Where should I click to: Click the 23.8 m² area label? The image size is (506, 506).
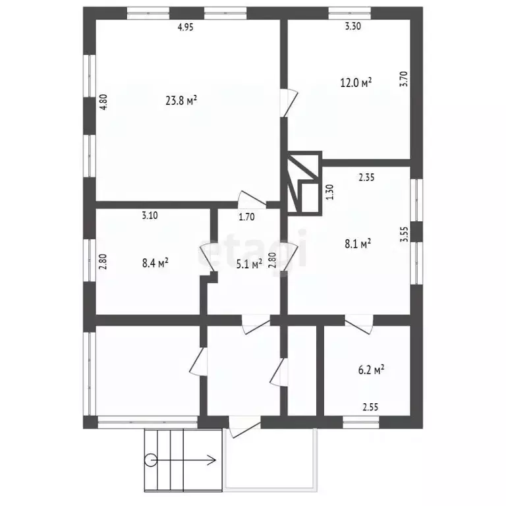click(181, 101)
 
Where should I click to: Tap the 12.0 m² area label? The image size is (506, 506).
click(356, 82)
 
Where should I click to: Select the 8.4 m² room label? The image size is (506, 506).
click(155, 263)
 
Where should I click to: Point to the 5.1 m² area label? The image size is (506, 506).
click(249, 264)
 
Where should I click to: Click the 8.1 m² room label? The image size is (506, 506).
click(358, 244)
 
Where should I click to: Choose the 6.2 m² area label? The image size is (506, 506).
click(371, 370)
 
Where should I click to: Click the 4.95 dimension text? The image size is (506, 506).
click(186, 27)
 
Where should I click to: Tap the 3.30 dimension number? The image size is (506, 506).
click(353, 26)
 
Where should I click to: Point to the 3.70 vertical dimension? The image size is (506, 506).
click(404, 79)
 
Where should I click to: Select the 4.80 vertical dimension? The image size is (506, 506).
click(103, 102)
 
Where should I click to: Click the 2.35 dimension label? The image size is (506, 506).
click(367, 177)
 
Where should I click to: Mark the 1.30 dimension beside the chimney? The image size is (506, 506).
click(330, 192)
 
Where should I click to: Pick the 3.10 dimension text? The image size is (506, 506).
click(150, 215)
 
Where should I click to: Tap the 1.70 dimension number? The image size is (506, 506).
click(247, 217)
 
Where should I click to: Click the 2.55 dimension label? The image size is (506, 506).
click(370, 407)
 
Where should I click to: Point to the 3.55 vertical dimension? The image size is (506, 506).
click(404, 234)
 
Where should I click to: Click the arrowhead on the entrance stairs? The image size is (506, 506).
click(213, 460)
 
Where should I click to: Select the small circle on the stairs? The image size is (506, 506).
click(150, 460)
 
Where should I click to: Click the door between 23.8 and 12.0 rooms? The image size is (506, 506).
click(289, 103)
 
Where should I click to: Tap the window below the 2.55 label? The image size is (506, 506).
click(361, 422)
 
